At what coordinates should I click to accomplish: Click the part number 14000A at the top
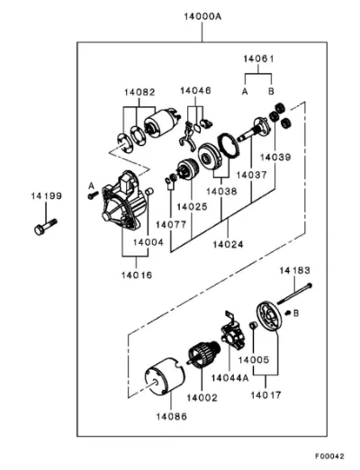click(x=202, y=16)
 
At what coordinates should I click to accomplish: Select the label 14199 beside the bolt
click(x=47, y=196)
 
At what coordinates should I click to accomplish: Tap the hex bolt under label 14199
click(x=46, y=227)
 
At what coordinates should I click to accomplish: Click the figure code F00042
click(x=329, y=456)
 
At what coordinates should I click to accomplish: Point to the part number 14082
click(x=139, y=92)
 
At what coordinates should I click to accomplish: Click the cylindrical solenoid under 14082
click(x=162, y=122)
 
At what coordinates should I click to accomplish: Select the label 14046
click(x=195, y=90)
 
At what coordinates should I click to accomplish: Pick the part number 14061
click(x=258, y=59)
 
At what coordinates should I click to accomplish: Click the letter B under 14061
click(x=271, y=91)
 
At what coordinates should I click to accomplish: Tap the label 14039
click(x=275, y=157)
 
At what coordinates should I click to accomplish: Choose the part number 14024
click(x=228, y=244)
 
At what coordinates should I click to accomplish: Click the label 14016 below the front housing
click(x=137, y=275)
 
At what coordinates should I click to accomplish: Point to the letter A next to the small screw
click(x=91, y=186)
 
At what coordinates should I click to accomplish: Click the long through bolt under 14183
click(x=295, y=294)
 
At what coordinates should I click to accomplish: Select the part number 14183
click(x=295, y=271)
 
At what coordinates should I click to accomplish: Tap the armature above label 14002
click(x=203, y=355)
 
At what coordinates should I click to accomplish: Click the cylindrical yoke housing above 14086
click(x=165, y=376)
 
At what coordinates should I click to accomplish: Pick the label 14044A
click(x=230, y=378)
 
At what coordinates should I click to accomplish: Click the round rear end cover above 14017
click(x=269, y=318)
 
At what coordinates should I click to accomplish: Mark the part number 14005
click(x=254, y=359)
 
